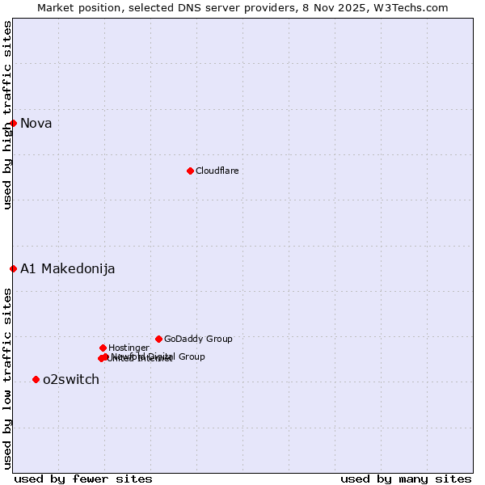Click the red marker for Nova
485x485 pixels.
pos(14,123)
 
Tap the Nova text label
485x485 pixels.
pos(36,123)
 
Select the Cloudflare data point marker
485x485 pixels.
pos(190,171)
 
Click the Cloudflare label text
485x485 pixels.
pos(217,171)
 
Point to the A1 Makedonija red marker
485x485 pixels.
pos(14,268)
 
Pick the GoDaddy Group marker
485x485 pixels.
pos(158,339)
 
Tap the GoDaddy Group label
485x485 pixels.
pos(198,339)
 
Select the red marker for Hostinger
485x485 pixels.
pos(103,348)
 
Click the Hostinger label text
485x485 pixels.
pos(129,348)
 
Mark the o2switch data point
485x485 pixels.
pos(36,379)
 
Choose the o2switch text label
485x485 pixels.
pos(70,380)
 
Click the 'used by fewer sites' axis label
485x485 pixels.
pos(83,479)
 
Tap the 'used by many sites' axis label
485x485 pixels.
pos(406,479)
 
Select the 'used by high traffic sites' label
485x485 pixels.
pos(7,115)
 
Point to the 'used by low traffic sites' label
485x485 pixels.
pos(7,378)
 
